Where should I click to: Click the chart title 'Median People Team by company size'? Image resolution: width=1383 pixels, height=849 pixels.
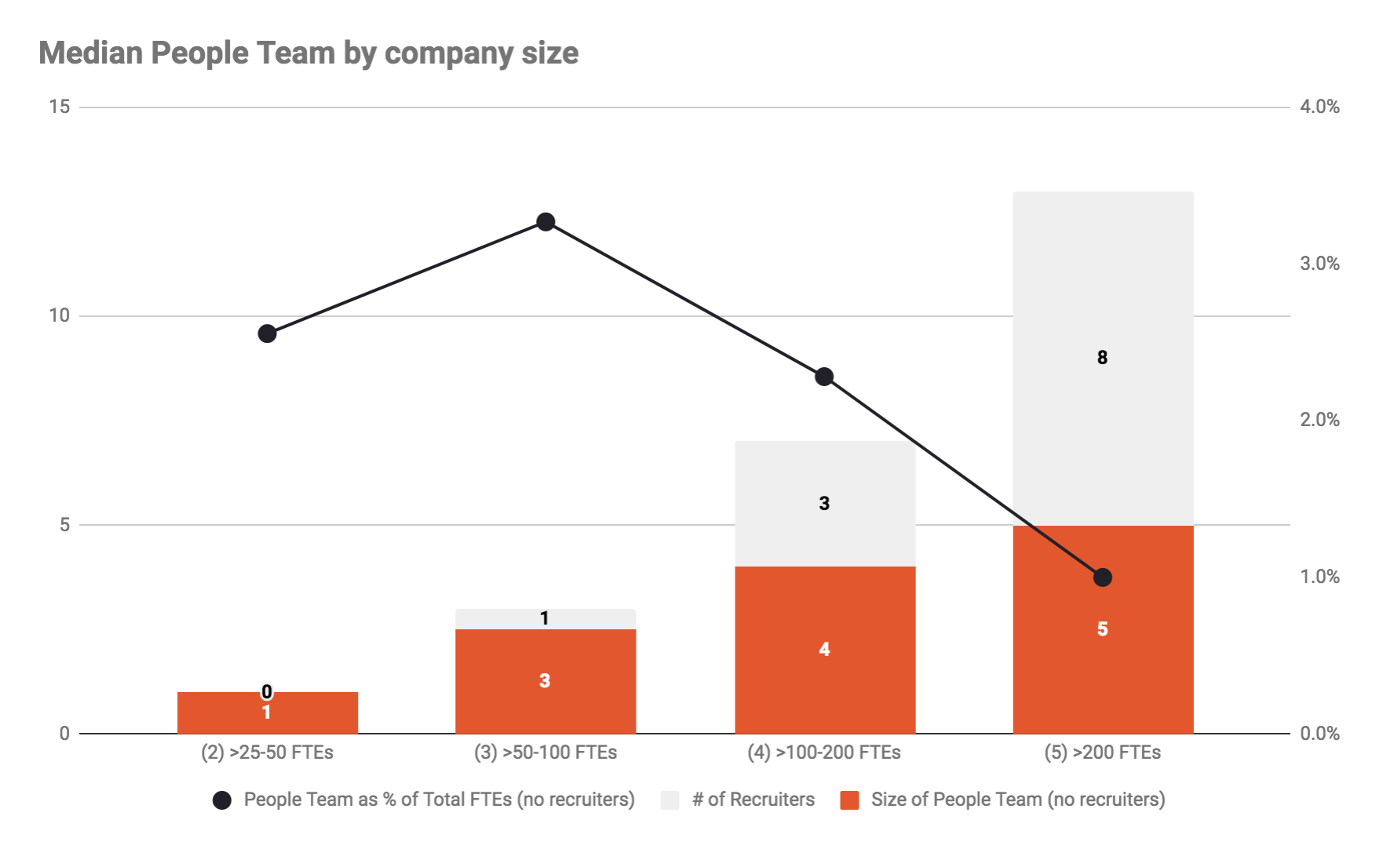pos(308,53)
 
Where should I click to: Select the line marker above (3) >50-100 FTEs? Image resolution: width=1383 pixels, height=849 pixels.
pos(546,222)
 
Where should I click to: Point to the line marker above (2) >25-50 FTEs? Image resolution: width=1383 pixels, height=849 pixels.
pos(267,333)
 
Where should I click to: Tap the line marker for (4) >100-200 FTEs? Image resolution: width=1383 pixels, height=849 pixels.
pos(824,377)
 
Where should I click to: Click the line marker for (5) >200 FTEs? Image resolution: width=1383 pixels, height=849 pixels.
pos(1103,578)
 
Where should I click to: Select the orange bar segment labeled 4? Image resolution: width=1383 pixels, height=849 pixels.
pos(824,650)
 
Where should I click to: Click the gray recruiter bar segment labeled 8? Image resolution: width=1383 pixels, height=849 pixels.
pos(1103,358)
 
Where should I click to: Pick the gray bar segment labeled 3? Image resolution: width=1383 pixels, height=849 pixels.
pos(824,504)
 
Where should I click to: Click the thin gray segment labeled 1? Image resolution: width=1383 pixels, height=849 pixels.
pos(546,619)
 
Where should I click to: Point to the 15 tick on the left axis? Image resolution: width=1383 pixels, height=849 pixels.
pos(60,107)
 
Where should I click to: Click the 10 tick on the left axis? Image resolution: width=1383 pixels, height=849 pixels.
pos(60,315)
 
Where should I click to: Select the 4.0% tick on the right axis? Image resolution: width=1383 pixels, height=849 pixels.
pos(1319,107)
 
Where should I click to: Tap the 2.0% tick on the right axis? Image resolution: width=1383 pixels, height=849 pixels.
pos(1319,420)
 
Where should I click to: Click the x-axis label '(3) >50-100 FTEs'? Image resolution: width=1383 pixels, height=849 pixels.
pos(546,752)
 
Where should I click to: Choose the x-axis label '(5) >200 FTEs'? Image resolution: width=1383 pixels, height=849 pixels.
pos(1103,752)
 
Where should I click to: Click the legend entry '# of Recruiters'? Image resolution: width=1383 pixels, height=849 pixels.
pos(753,800)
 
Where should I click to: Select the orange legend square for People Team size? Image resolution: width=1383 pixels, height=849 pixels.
pos(849,800)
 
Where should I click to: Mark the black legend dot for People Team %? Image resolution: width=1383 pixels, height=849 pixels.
pos(222,800)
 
